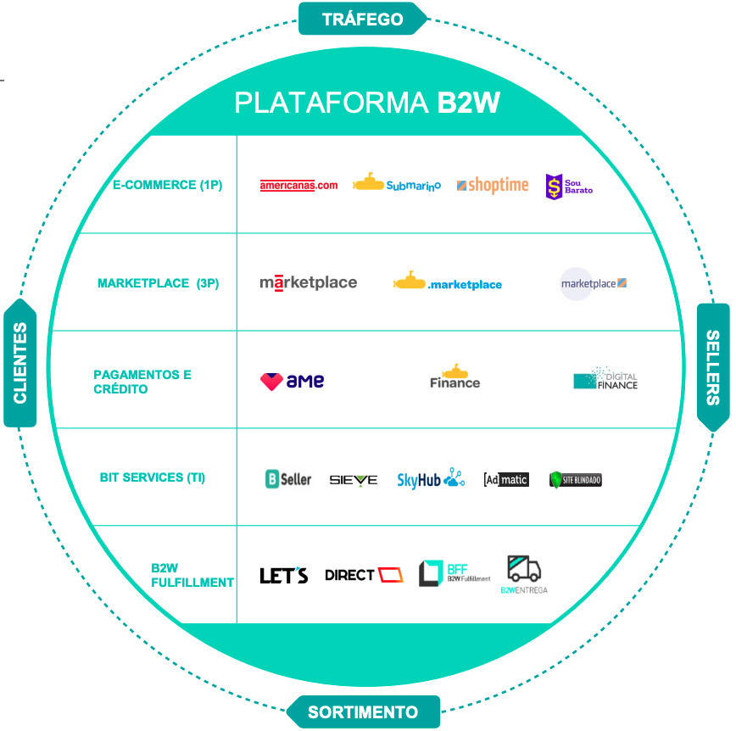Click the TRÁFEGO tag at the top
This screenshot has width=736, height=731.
click(363, 18)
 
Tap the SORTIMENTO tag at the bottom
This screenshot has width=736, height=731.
click(363, 711)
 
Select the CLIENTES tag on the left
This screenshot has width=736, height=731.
click(20, 362)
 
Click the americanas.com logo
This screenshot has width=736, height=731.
click(298, 186)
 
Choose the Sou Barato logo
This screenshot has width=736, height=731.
click(568, 186)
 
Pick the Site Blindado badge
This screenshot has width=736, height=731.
click(576, 480)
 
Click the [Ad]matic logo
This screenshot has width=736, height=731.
click(505, 479)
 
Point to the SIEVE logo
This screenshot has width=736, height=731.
click(354, 480)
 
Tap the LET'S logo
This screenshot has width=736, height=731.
click(283, 576)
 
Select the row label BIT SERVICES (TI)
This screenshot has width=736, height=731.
click(153, 477)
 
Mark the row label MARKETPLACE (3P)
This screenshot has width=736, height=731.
click(158, 283)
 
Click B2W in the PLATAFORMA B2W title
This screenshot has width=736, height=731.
click(468, 103)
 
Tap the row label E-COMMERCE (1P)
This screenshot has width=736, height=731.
click(167, 184)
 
